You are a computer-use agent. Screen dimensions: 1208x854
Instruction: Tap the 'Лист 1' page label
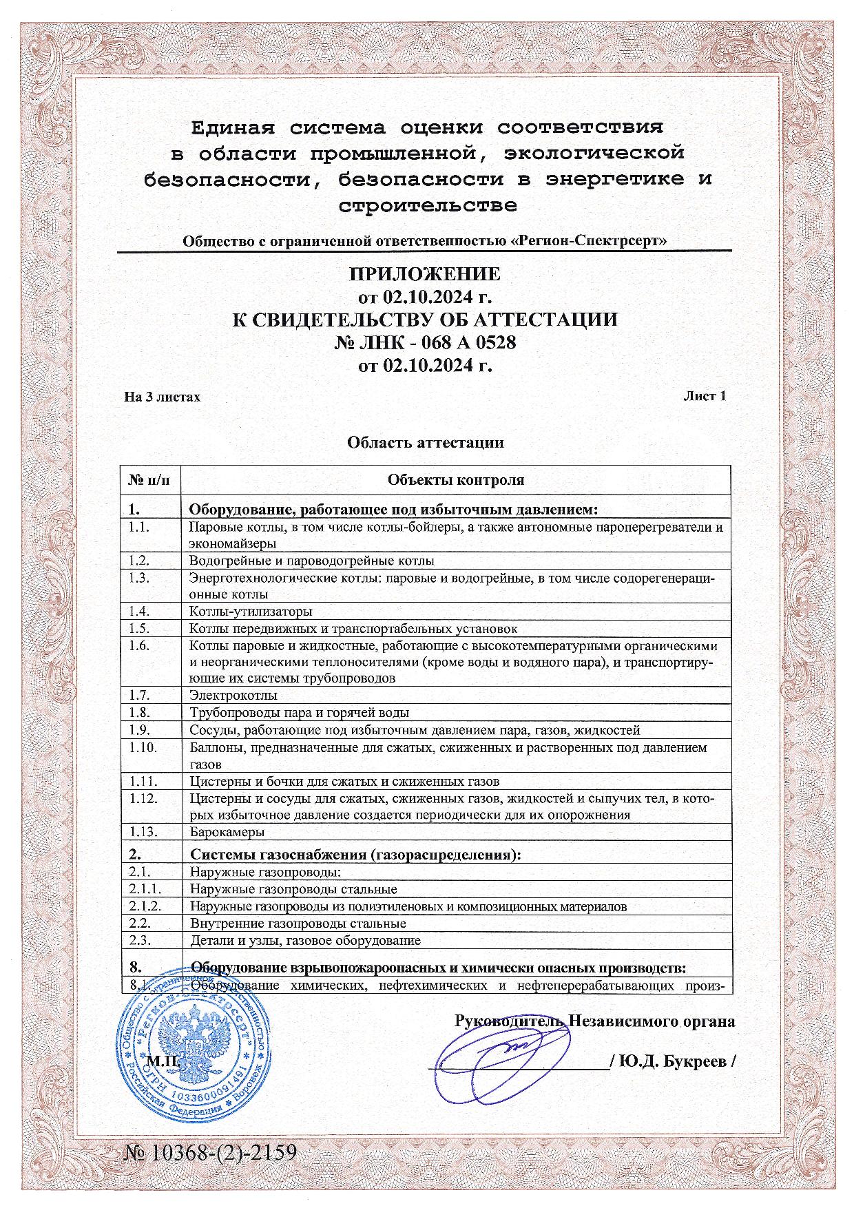[704, 396]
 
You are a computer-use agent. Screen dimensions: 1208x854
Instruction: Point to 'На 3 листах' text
[163, 397]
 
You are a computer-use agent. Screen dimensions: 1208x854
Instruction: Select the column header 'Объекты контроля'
[455, 480]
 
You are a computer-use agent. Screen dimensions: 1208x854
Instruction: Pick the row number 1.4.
[139, 611]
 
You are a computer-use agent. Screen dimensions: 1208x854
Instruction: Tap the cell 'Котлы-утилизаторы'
[251, 612]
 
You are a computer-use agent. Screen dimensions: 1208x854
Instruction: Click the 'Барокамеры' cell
[227, 832]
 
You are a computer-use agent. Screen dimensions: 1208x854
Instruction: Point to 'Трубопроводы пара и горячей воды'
[300, 713]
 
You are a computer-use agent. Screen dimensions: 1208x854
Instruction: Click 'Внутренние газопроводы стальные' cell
[298, 924]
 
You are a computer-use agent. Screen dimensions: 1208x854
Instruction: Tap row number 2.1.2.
[145, 906]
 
